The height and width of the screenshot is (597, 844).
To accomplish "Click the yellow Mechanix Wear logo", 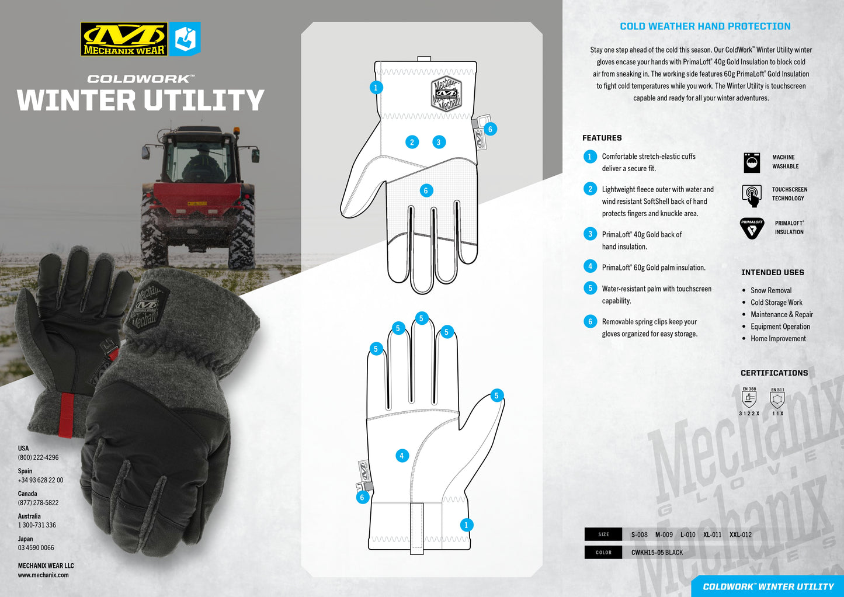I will (x=124, y=39).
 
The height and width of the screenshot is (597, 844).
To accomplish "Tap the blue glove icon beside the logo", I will (x=185, y=39).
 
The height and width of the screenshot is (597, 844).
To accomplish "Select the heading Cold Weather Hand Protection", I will (x=705, y=26).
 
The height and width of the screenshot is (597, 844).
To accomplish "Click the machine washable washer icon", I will (x=752, y=162).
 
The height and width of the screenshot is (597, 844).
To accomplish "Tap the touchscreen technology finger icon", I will (x=752, y=195).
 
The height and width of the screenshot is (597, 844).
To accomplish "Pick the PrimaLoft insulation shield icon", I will (x=752, y=228).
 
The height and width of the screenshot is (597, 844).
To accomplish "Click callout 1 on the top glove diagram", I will (x=376, y=88).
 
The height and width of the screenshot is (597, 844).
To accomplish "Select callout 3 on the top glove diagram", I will (x=439, y=142).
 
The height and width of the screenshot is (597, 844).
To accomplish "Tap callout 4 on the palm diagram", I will (x=402, y=456).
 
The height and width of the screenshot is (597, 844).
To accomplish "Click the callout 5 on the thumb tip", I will (x=496, y=395).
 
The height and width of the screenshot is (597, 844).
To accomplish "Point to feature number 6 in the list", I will (x=590, y=322).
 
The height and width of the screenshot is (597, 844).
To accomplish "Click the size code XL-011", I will (x=712, y=534).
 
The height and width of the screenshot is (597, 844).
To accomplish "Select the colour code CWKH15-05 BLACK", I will (x=657, y=553).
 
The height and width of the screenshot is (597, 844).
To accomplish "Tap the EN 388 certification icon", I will (x=749, y=400).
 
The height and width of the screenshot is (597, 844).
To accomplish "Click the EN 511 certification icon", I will (x=777, y=400).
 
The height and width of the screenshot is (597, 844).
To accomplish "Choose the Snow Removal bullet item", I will (x=771, y=290).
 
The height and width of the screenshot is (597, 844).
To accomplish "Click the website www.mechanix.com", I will (x=43, y=575).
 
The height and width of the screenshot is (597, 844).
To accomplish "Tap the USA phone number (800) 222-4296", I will (x=38, y=457).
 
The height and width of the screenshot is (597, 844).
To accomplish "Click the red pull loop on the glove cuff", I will (x=66, y=415).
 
